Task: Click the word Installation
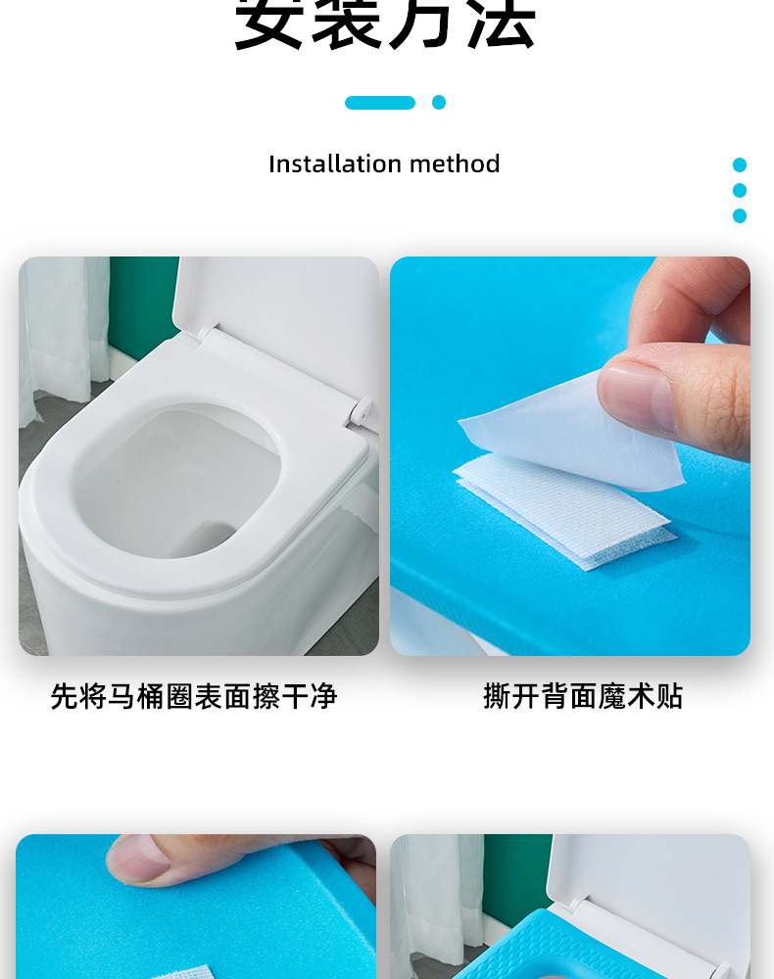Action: (321, 163)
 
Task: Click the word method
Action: (454, 163)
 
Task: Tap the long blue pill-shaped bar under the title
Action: (380, 103)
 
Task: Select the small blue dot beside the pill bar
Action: (439, 103)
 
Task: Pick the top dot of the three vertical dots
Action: (740, 165)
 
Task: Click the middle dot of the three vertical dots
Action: (740, 190)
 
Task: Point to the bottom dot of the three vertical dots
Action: (740, 215)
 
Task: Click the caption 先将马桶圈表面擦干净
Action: (194, 697)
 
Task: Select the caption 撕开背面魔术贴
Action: (583, 697)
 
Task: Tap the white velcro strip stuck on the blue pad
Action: (563, 509)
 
